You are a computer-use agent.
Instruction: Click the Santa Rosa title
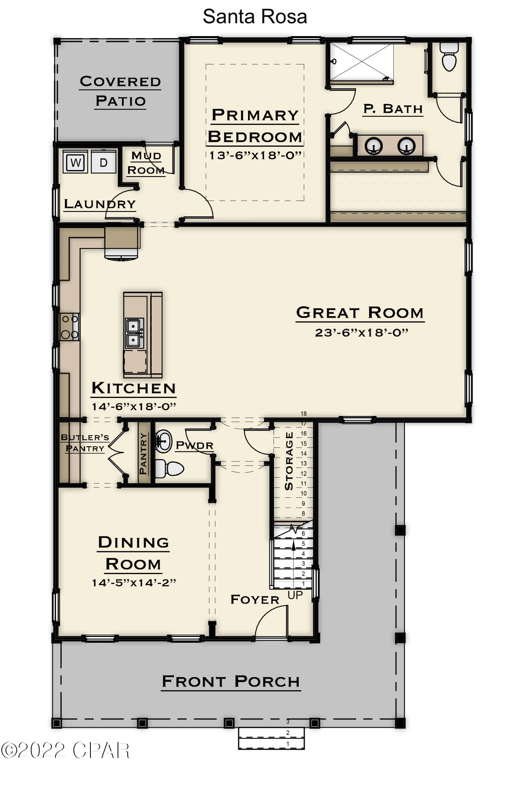click(255, 17)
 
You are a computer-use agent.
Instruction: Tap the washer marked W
click(75, 162)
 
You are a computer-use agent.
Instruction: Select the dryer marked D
click(103, 162)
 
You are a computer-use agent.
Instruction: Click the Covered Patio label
click(120, 91)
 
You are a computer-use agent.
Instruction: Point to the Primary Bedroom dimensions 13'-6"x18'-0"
click(255, 155)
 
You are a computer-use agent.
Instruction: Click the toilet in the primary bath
click(449, 58)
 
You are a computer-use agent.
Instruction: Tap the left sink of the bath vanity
click(373, 146)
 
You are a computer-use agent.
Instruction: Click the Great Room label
click(360, 313)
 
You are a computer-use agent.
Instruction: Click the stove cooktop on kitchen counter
click(70, 327)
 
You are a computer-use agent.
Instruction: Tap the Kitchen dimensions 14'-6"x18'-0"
click(134, 406)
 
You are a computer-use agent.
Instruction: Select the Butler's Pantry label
click(85, 443)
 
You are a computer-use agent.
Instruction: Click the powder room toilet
click(170, 468)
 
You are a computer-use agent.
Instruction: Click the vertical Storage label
click(289, 461)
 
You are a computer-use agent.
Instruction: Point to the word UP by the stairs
click(295, 595)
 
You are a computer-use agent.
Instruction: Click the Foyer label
click(255, 600)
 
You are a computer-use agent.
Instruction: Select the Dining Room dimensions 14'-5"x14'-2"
click(134, 582)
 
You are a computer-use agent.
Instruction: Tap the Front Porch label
click(231, 681)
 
